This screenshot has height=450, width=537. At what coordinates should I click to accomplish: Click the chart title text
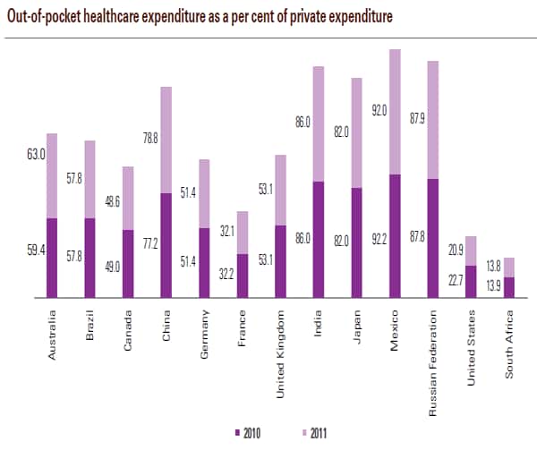tap(201, 17)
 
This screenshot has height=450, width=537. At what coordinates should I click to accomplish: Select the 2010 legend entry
tap(250, 433)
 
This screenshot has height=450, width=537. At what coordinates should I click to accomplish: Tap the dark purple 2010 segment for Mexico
tap(395, 235)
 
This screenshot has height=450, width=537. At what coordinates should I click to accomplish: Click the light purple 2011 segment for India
tap(318, 123)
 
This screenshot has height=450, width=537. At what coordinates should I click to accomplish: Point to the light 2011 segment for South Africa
tap(509, 267)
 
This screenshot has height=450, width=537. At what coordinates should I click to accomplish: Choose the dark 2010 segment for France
tap(243, 276)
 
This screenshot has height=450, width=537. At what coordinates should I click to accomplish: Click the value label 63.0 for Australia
tap(36, 155)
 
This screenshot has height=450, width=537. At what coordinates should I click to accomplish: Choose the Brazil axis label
tap(89, 326)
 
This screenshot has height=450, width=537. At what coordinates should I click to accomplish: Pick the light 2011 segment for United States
tap(471, 250)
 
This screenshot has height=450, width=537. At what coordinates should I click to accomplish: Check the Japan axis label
tap(356, 326)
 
